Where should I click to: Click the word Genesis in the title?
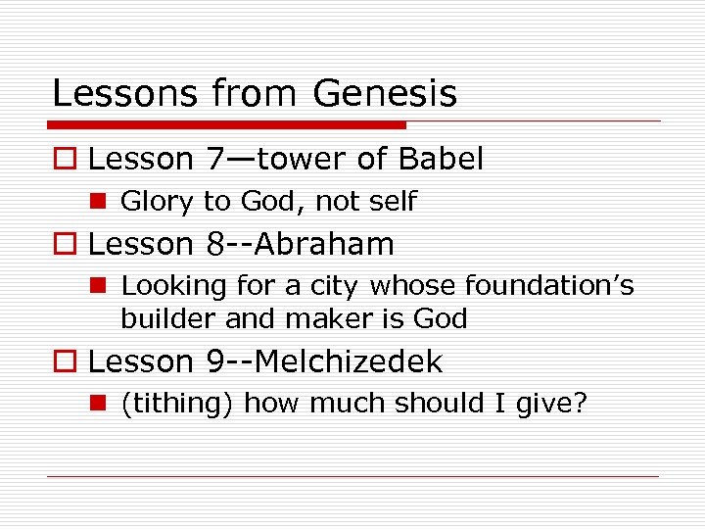385,94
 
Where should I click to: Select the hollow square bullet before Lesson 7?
64,160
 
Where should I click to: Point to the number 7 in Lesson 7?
217,159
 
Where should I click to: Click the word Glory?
157,203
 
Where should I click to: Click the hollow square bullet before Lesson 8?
64,245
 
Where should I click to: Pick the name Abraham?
326,244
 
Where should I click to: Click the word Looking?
172,286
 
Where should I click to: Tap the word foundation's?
549,286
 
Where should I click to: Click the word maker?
316,318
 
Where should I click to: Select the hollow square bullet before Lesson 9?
64,362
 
